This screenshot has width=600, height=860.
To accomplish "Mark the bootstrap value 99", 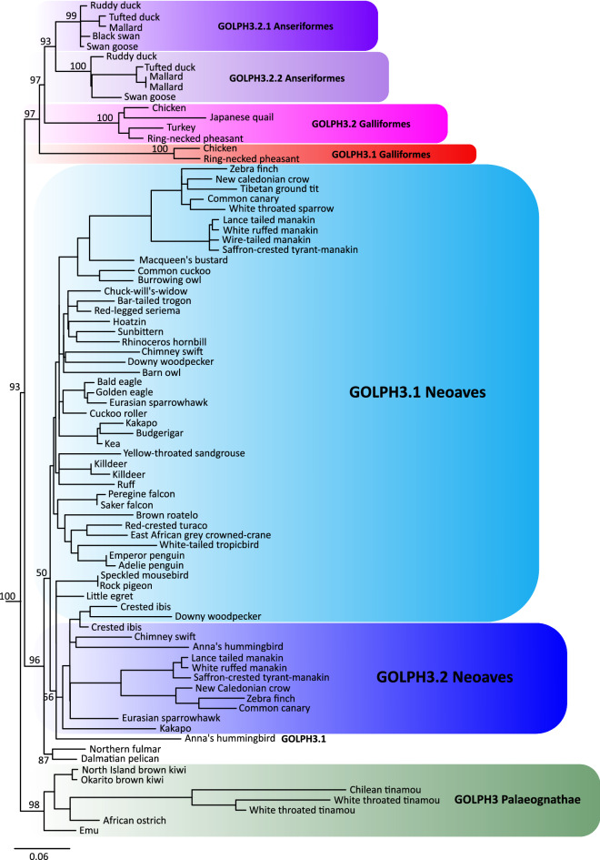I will coord(71,16).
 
